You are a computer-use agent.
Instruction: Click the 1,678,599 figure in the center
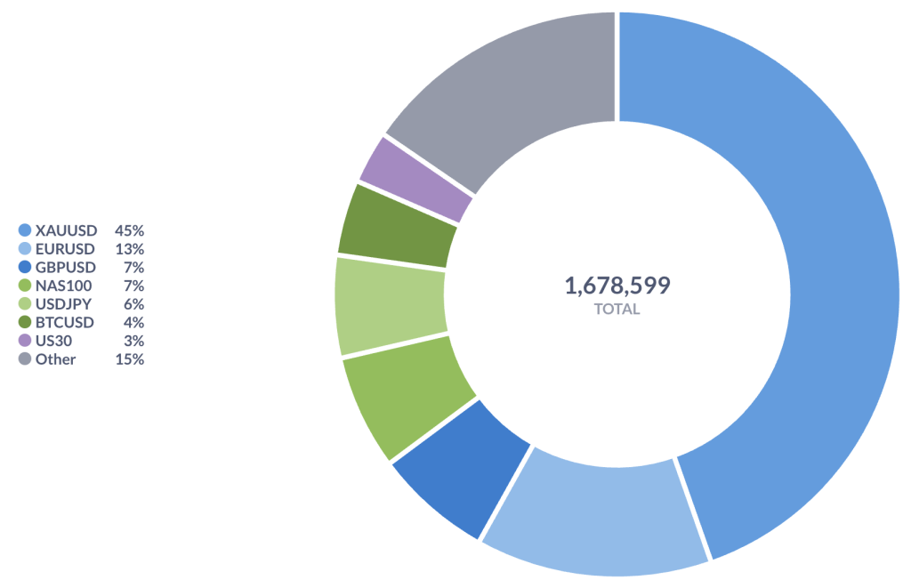(617, 286)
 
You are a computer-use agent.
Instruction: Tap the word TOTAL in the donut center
(617, 310)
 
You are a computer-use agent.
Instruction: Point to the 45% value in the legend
(129, 230)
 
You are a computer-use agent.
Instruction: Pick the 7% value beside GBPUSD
(133, 267)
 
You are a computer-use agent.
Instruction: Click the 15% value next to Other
(129, 359)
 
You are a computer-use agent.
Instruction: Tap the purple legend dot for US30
(25, 341)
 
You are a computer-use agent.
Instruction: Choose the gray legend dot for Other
(25, 359)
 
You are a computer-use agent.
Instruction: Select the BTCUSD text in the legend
(65, 322)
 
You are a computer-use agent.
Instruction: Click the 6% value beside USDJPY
(133, 304)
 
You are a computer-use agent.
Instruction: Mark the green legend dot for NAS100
(25, 286)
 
